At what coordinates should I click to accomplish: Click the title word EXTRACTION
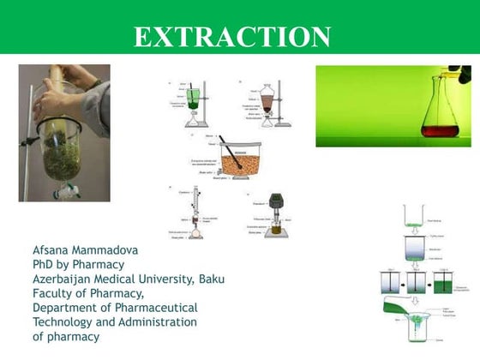pyautogui.click(x=232, y=36)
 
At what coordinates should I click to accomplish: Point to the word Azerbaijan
pyautogui.click(x=69, y=279)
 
